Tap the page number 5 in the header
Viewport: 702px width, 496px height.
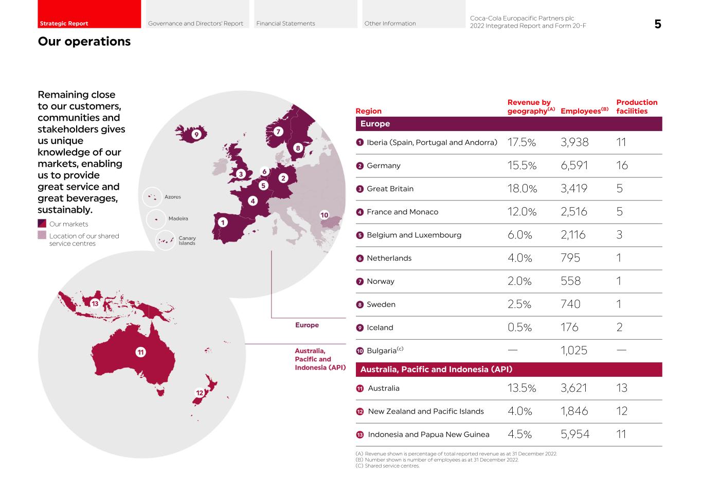(x=657, y=24)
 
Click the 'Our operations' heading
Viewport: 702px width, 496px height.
(x=84, y=42)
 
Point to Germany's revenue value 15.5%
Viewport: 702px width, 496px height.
(x=521, y=166)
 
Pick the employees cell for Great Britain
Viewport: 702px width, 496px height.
(x=574, y=189)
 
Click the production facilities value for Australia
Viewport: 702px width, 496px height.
(x=622, y=388)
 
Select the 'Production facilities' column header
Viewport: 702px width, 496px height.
(x=637, y=106)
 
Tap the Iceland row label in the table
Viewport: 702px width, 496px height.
(x=380, y=327)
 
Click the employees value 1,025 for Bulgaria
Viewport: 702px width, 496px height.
(x=574, y=351)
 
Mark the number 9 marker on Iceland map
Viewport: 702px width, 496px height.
(x=196, y=135)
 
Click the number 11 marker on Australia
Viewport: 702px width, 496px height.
(x=140, y=352)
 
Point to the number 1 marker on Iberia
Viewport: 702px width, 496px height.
(x=222, y=223)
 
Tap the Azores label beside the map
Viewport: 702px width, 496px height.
(x=172, y=197)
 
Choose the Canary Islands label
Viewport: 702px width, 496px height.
(x=187, y=241)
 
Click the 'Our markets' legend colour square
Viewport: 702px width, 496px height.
(x=42, y=224)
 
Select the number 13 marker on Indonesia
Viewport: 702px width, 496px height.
(x=95, y=303)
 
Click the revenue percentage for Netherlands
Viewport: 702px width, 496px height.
(x=519, y=258)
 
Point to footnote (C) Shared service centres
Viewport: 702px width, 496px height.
(x=387, y=466)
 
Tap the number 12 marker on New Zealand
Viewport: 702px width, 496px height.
(x=200, y=393)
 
